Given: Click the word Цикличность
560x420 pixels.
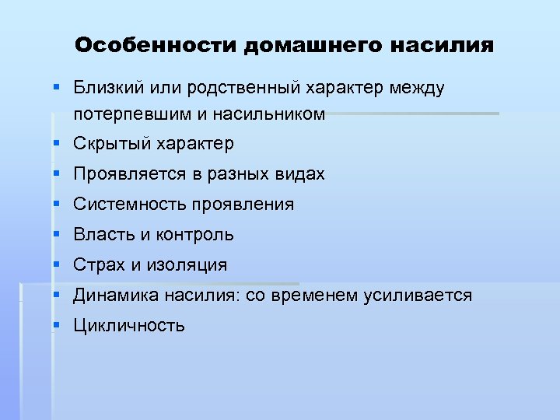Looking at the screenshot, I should click(x=129, y=326).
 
